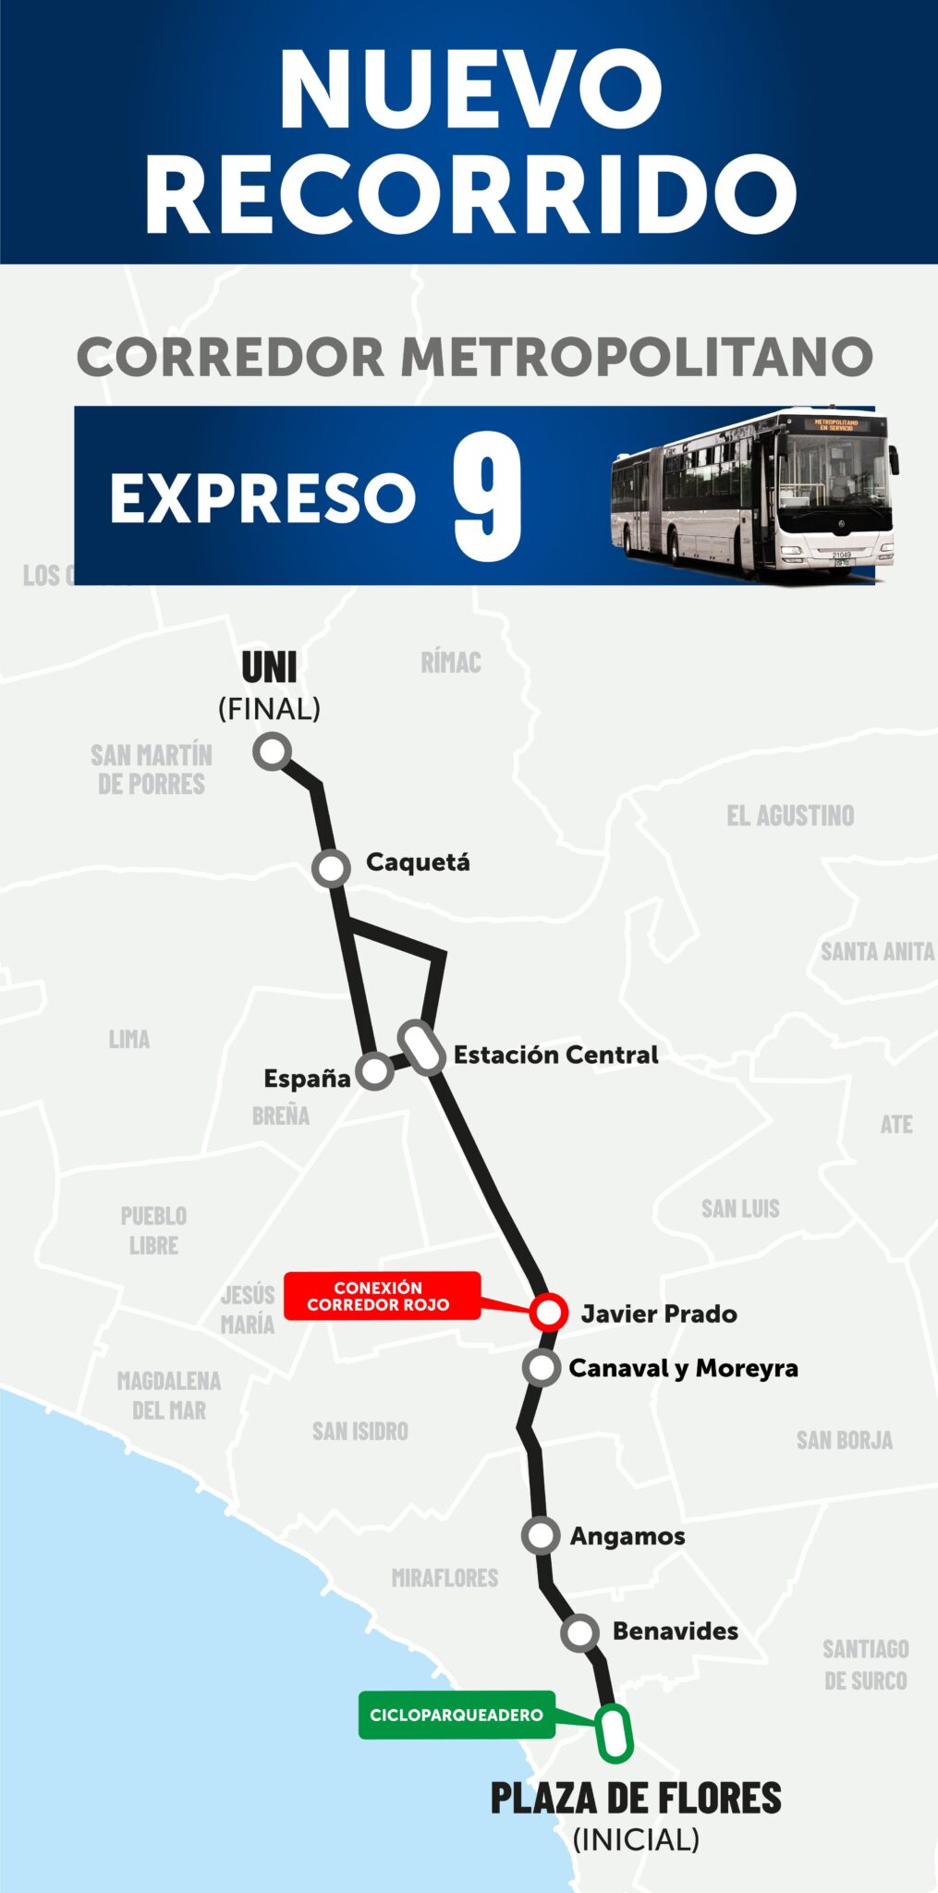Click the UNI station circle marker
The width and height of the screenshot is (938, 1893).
[x=273, y=751]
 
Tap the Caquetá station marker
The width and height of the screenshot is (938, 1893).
[x=331, y=868]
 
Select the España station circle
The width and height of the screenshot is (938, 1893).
[x=374, y=1071]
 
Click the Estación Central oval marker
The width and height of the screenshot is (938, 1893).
[x=422, y=1048]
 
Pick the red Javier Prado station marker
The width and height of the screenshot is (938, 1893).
[x=548, y=1312]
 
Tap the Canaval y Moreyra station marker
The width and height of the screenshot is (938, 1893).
[x=542, y=1367]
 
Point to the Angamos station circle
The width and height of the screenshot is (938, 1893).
[x=541, y=1535]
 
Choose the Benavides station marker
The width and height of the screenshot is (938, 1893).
[x=579, y=1632]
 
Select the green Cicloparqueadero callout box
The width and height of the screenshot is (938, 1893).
[x=457, y=1715]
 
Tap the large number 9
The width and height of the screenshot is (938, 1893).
[x=488, y=496]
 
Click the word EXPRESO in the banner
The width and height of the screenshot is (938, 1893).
[x=263, y=498]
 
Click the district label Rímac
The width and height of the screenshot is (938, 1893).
[x=451, y=663]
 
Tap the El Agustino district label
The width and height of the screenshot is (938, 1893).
[x=790, y=815]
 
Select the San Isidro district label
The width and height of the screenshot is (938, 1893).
[x=359, y=1431]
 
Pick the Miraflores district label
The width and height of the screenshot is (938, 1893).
[x=445, y=1578]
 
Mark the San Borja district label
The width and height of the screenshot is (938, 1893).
[x=845, y=1440]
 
